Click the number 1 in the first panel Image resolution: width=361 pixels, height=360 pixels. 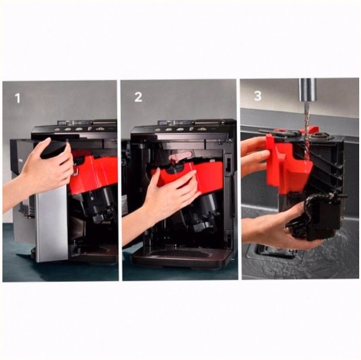(17, 98)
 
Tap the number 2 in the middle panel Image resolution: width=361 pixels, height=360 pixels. (138, 97)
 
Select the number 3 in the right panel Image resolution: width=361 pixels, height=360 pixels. (258, 96)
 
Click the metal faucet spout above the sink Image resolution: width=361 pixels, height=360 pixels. (307, 90)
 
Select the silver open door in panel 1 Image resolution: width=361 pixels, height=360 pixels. (51, 223)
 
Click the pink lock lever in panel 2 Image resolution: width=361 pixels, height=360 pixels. (180, 156)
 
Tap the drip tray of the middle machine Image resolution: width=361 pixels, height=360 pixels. (182, 258)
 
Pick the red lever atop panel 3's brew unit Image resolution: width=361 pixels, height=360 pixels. (311, 130)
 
